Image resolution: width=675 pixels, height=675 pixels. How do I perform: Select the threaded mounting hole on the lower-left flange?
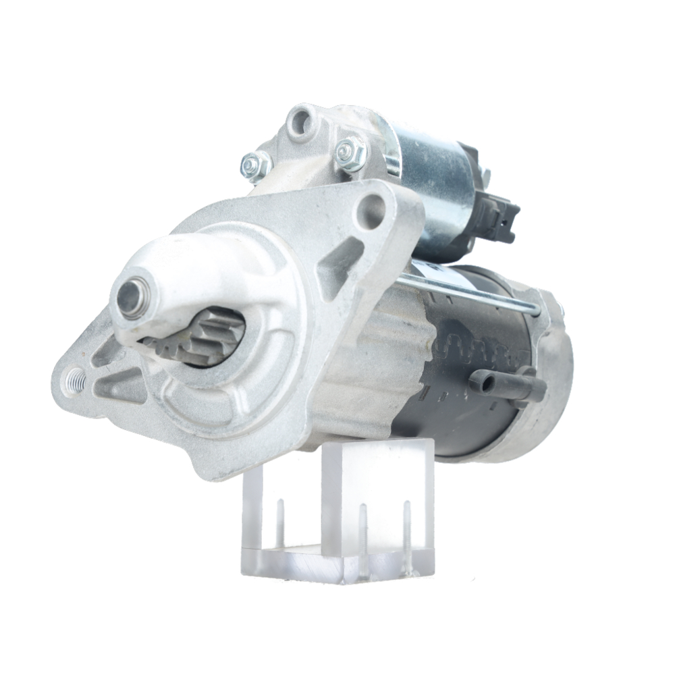[74, 382]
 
